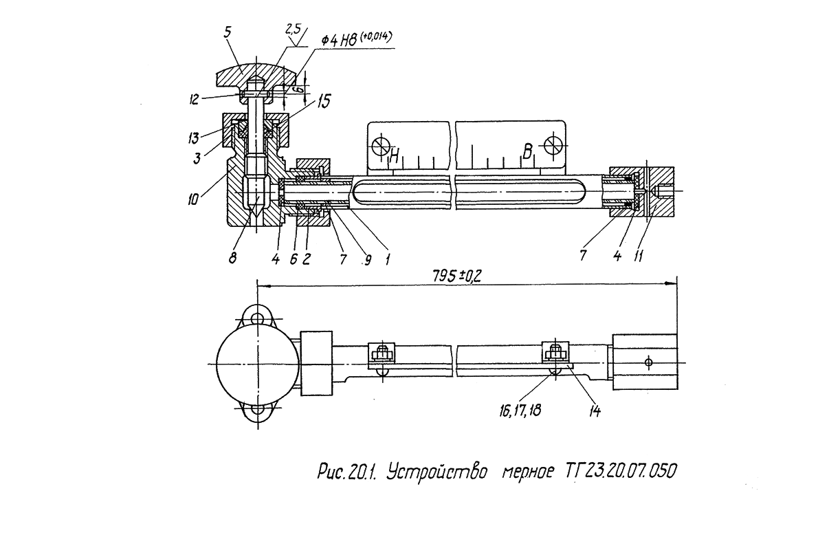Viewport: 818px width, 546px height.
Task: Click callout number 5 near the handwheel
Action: (228, 32)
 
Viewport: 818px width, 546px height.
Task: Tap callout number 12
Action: (194, 99)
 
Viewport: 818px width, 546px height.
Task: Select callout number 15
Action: (324, 101)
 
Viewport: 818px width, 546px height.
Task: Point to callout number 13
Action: (194, 138)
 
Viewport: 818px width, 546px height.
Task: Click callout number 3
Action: (197, 158)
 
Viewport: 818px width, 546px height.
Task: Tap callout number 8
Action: (232, 258)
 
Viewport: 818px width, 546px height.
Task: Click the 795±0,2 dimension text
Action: (457, 276)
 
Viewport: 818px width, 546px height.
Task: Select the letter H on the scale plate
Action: (395, 155)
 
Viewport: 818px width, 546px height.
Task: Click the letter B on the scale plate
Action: (528, 153)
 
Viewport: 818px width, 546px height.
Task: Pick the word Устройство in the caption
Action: (438, 472)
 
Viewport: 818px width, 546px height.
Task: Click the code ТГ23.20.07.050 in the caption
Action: (618, 471)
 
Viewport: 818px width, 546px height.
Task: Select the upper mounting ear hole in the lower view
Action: (256, 318)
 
